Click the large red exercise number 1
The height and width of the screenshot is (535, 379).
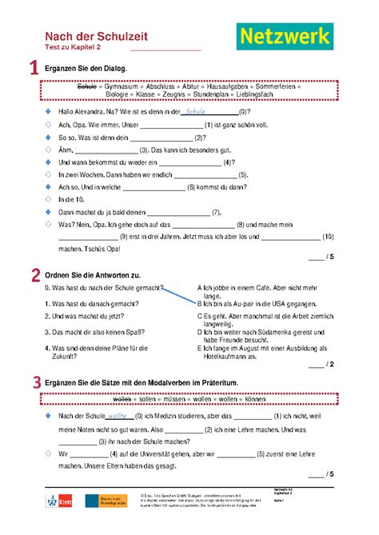click(x=34, y=70)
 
